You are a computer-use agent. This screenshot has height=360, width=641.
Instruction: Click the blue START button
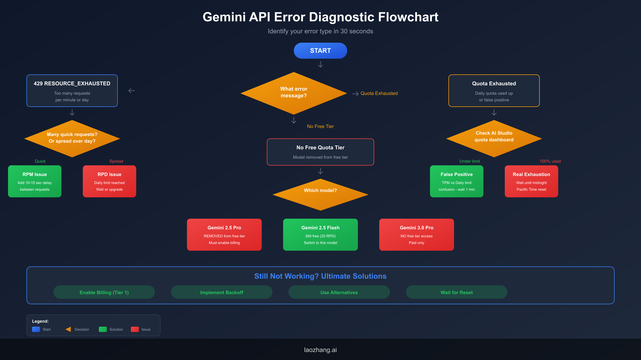[320, 51]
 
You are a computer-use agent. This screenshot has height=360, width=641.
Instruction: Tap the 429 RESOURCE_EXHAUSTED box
[72, 91]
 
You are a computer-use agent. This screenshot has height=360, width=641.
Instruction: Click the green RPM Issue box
[35, 181]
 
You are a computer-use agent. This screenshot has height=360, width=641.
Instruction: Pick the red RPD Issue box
[110, 181]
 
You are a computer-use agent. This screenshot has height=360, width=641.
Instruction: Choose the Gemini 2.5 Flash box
[320, 235]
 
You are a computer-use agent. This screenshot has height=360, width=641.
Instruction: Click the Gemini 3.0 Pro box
[416, 235]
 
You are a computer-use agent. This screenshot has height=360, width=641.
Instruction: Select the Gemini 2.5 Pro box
[224, 235]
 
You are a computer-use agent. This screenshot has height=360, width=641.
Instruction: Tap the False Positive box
[456, 181]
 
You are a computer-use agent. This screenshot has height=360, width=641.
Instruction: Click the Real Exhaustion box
[531, 181]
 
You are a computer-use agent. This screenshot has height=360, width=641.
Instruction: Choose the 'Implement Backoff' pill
[222, 292]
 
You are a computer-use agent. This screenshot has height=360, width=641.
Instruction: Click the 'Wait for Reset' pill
[456, 292]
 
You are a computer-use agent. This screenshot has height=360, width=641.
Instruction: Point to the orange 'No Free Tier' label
[320, 126]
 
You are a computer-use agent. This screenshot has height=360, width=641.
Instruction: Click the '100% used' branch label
[550, 161]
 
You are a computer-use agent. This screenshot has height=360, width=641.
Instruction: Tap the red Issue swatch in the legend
[135, 329]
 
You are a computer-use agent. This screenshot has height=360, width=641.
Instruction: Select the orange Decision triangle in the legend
[68, 329]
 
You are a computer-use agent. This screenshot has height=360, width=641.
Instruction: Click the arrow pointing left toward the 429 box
[132, 91]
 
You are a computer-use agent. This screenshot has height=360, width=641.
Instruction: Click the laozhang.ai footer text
[320, 350]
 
